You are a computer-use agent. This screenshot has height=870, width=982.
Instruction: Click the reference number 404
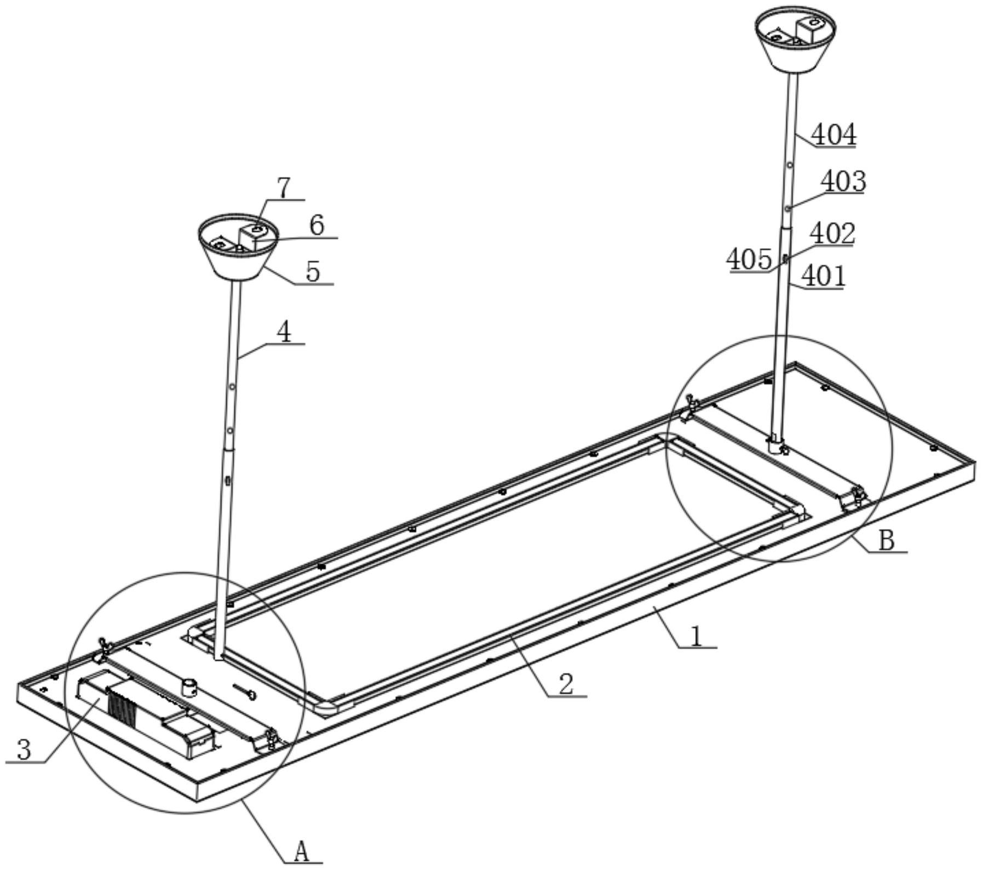click(833, 135)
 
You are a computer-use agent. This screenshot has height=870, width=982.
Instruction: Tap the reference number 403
click(843, 181)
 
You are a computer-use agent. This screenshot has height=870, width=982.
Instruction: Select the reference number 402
click(832, 234)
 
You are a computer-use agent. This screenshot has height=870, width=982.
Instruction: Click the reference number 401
click(823, 276)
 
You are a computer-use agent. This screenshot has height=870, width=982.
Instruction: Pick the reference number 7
click(284, 188)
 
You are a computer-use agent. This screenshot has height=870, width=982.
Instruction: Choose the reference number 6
click(317, 225)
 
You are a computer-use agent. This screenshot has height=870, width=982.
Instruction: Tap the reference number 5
click(313, 272)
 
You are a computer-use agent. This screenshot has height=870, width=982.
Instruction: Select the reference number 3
click(24, 749)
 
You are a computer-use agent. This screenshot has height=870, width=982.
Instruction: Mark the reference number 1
click(696, 636)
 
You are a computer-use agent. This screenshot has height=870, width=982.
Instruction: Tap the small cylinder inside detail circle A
click(189, 686)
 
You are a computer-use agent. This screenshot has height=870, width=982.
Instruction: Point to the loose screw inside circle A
click(244, 691)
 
